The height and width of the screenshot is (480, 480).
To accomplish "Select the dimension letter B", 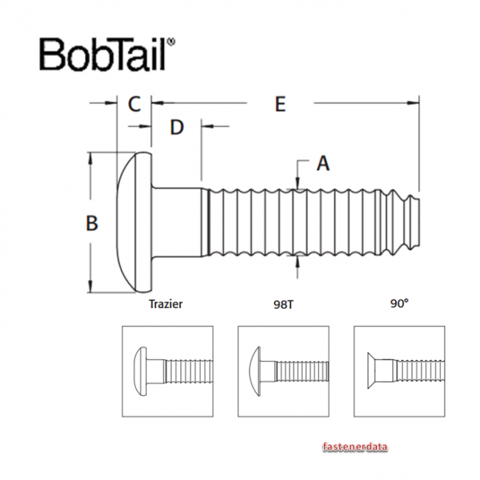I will coord(92,222).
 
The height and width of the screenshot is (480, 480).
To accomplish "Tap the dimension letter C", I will coord(134,103).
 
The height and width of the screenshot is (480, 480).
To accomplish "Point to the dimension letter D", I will coord(176,127).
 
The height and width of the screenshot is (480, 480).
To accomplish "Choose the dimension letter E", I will coord(279,104).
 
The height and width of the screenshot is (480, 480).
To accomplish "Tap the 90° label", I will coord(400,304).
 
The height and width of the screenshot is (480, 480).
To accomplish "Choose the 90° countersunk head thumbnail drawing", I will coord(400,371).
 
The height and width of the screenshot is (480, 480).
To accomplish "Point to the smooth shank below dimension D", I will coord(177,222).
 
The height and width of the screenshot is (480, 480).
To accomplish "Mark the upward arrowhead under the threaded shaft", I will coord(297,260).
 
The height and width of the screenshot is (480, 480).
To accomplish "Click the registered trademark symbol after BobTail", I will coord(172,42).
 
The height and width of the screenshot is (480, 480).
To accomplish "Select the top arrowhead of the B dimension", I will coord(91,157).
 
